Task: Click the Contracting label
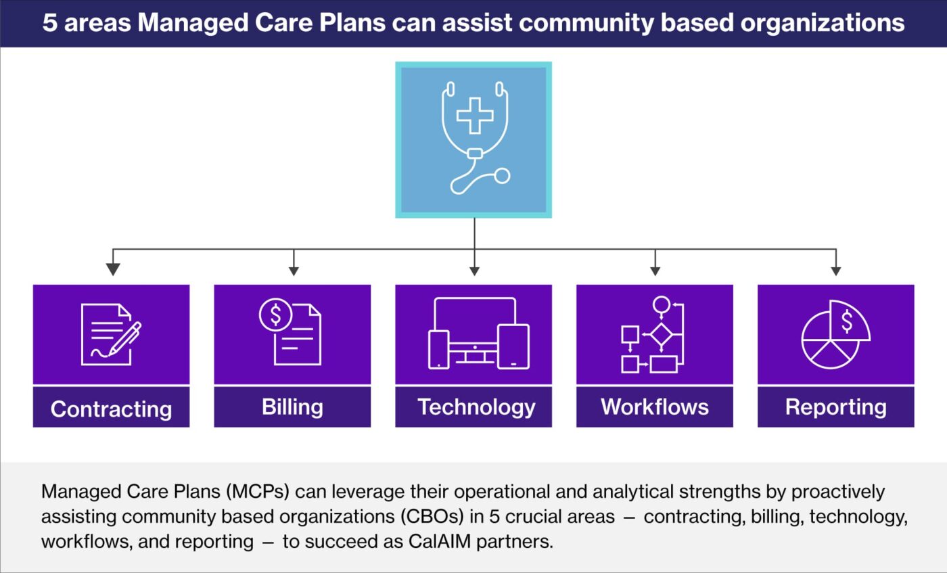[111, 408]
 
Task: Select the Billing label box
[292, 407]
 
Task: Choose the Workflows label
[655, 407]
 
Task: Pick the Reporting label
[835, 407]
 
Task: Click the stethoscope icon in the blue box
[474, 139]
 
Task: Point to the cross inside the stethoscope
[475, 115]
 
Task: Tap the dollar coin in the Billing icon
[275, 315]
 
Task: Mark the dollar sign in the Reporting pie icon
[847, 322]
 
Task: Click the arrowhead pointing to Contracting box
[113, 269]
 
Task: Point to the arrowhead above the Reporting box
[836, 270]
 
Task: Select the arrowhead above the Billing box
[294, 270]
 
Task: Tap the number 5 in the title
[49, 22]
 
